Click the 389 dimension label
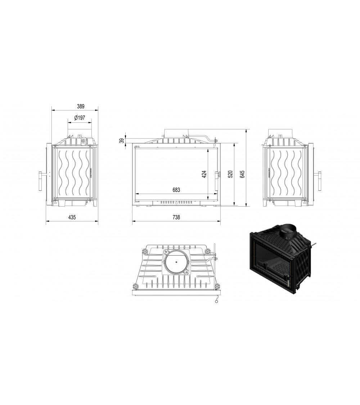(81, 106)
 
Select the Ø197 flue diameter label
(79, 118)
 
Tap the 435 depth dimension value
(71, 217)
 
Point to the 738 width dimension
(176, 217)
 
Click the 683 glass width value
(176, 190)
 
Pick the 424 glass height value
(204, 174)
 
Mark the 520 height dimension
(230, 174)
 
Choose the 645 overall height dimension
(242, 174)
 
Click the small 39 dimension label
(122, 141)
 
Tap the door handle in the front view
(217, 181)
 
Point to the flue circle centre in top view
(176, 262)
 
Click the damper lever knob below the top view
(216, 302)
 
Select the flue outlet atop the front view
(176, 132)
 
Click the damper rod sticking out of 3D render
(314, 246)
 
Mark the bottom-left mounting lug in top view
(136, 286)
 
